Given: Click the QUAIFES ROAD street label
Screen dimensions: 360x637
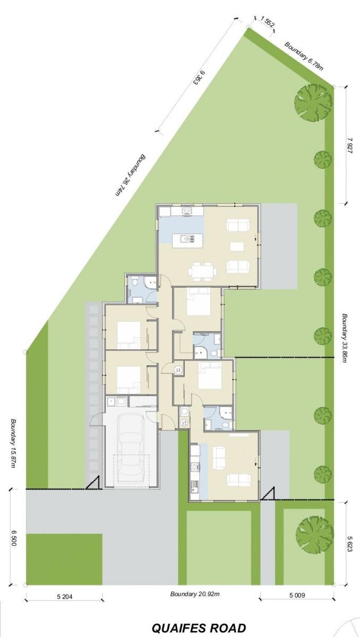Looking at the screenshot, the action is (199, 628).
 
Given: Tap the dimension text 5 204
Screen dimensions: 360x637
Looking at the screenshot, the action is (64, 596).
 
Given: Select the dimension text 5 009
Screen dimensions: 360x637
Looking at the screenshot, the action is (297, 595).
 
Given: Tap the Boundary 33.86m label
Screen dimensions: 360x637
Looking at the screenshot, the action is (345, 338).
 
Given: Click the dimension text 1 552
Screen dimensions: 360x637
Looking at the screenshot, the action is (268, 22).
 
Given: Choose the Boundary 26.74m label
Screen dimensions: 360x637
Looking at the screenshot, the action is (130, 175).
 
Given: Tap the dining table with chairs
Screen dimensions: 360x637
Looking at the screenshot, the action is (201, 271).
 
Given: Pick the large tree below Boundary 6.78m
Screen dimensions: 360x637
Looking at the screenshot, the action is (314, 102).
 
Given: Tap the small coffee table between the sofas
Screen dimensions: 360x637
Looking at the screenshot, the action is (237, 246).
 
